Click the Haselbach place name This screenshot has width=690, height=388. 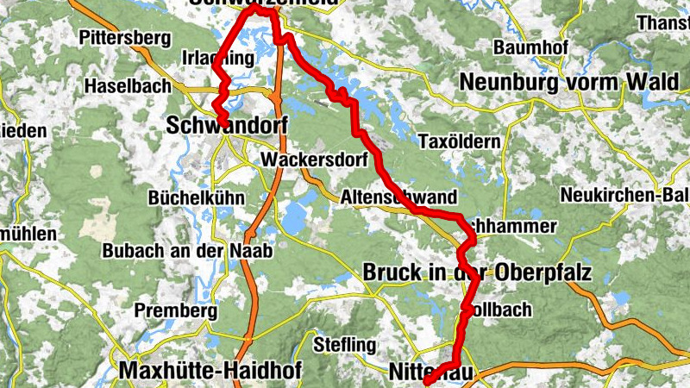point(127,87)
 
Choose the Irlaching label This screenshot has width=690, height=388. point(219,59)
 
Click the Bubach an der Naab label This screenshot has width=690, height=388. point(187,251)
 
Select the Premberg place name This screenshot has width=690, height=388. point(170,310)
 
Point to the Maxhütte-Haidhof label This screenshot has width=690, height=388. point(197,371)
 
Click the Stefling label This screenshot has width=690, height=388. point(345,346)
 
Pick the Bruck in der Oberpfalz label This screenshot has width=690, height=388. point(477,272)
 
